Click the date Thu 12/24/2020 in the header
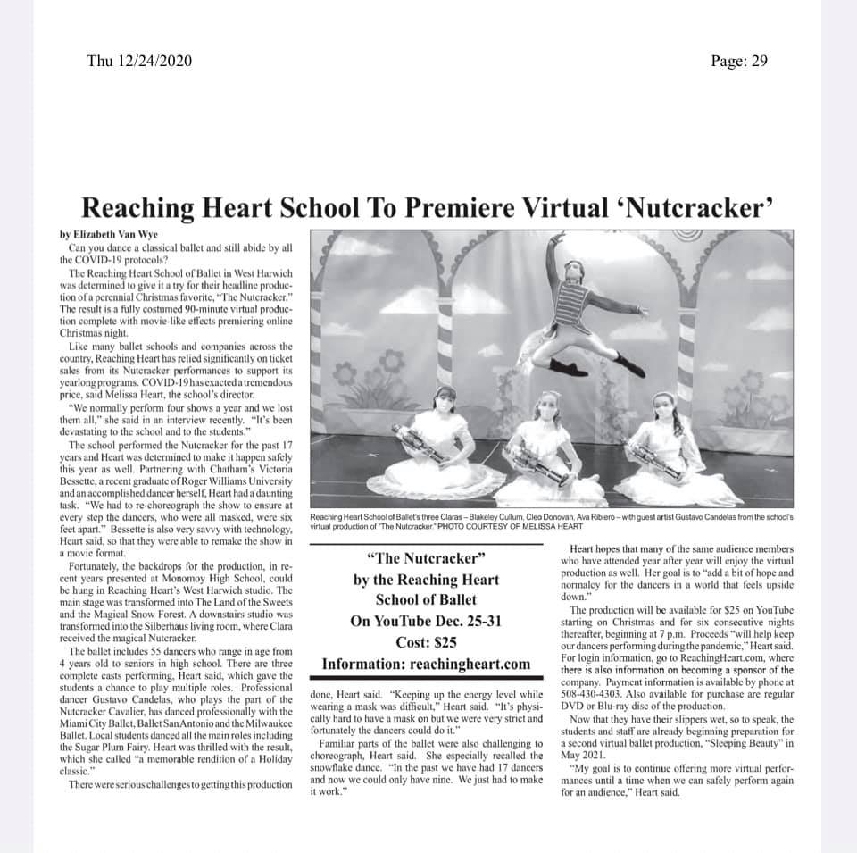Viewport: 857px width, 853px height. [139, 62]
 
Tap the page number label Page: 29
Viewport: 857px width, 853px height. [738, 62]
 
